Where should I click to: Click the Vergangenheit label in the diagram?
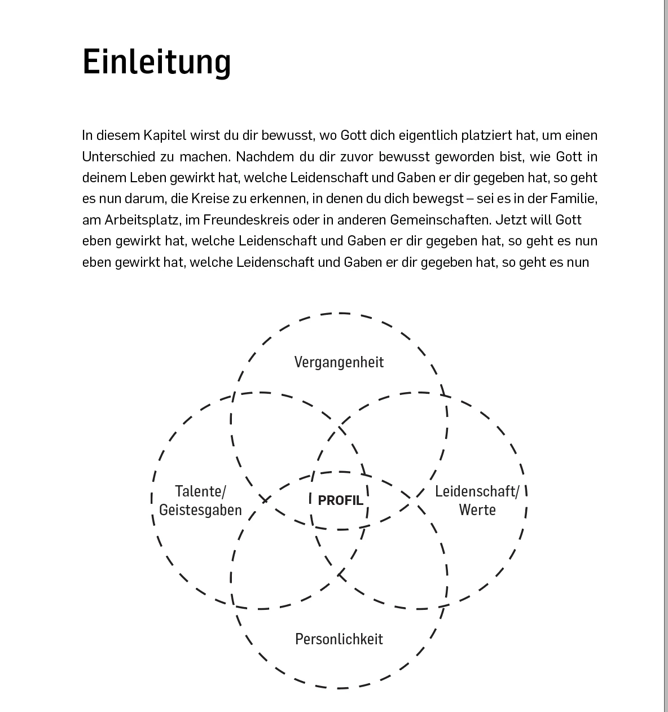339,362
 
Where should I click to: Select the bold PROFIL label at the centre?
340,500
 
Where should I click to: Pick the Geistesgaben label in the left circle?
200,510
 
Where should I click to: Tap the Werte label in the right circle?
477,510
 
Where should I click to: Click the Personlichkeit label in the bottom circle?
339,639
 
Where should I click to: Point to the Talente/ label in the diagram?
200,491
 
